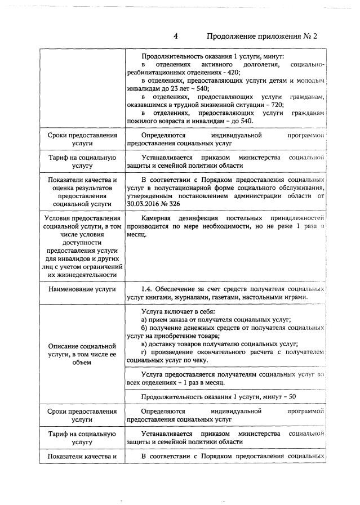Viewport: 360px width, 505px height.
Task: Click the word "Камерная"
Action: (158, 218)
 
